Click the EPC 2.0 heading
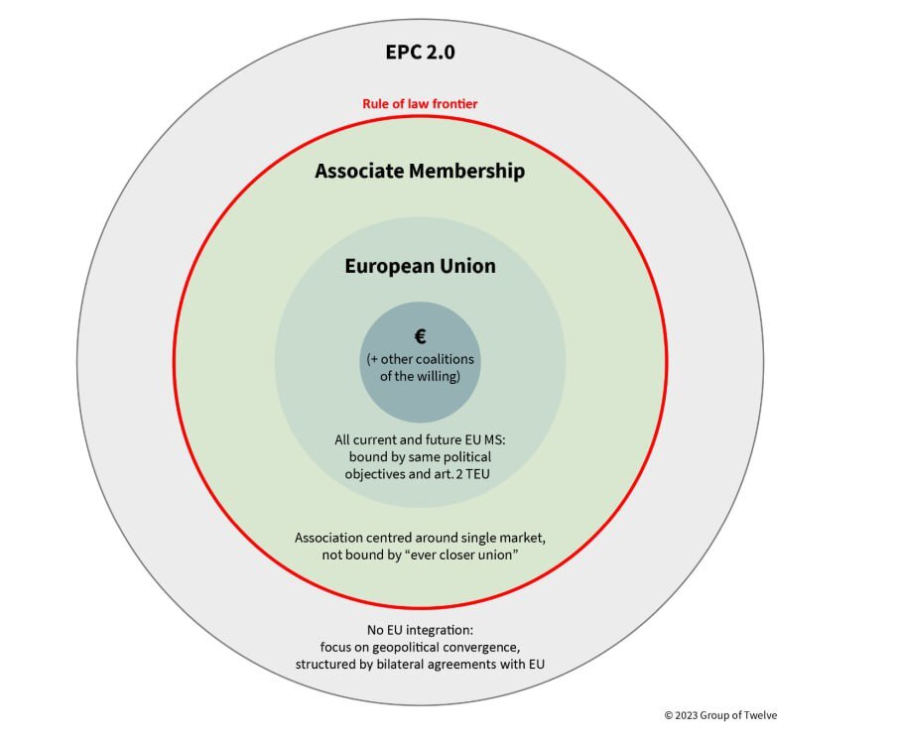pyautogui.click(x=421, y=53)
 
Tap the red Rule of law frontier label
pyautogui.click(x=420, y=103)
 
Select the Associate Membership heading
pyautogui.click(x=420, y=172)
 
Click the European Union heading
pyautogui.click(x=420, y=266)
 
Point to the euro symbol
pyautogui.click(x=421, y=336)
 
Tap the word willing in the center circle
pyautogui.click(x=439, y=377)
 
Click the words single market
pyautogui.click(x=503, y=538)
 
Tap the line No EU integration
pyautogui.click(x=420, y=630)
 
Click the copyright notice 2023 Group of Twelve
pyautogui.click(x=720, y=715)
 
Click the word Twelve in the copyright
pyautogui.click(x=761, y=715)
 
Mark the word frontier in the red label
pyautogui.click(x=455, y=103)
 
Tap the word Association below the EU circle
pyautogui.click(x=328, y=538)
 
